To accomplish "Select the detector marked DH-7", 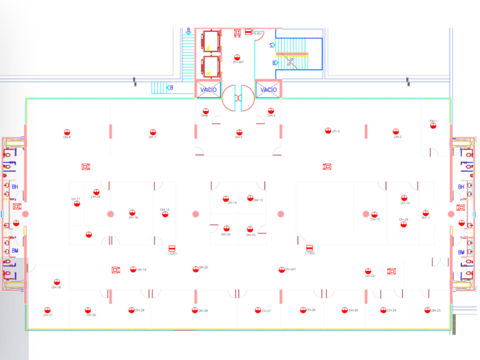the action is [153, 132].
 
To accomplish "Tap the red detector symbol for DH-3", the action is [328, 131].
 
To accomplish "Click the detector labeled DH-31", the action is [47, 310].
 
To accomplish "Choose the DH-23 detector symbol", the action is [427, 310].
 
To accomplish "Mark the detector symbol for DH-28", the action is [195, 310].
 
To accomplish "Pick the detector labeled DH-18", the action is [57, 282].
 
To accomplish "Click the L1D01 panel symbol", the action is [171, 247].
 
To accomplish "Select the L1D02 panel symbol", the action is [310, 247].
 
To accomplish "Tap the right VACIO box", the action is [269, 90].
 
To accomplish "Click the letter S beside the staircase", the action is [272, 45].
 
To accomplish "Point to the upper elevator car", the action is [211, 41].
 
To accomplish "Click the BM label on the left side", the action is [15, 251].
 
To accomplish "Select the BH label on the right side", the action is [461, 187].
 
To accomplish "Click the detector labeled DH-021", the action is [281, 269].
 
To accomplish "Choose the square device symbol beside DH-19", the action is [115, 270].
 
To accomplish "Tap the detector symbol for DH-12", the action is [366, 214].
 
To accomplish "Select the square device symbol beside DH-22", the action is [391, 271].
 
